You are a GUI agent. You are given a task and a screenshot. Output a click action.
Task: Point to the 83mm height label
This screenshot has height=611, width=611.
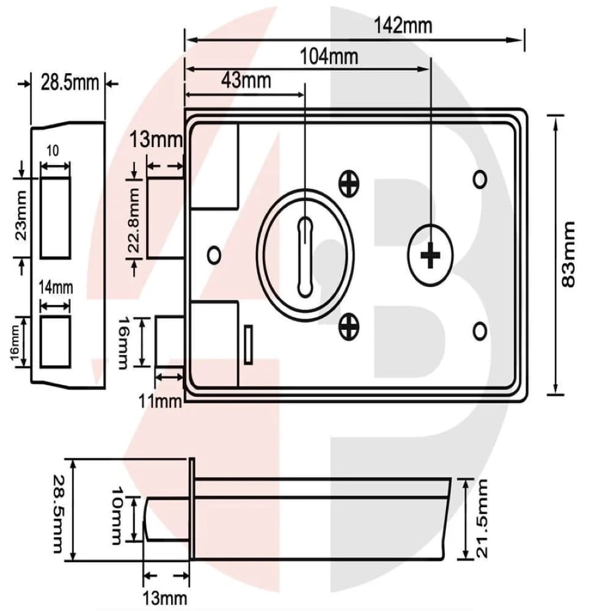569,254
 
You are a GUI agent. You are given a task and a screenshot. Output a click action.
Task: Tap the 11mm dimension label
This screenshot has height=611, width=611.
160,401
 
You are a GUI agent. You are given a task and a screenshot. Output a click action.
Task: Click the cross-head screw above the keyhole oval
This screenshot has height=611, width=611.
349,183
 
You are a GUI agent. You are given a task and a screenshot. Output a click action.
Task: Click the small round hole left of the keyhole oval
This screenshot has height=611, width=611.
214,254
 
